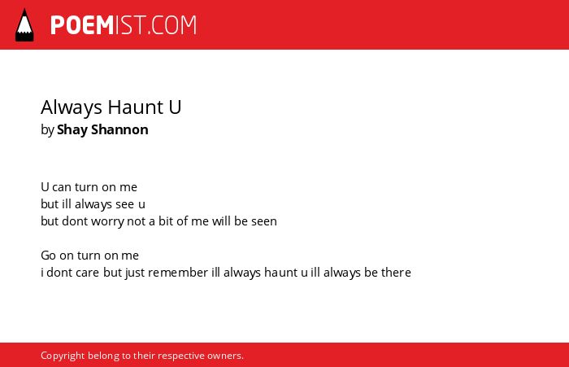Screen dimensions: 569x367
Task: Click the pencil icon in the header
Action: point(24,25)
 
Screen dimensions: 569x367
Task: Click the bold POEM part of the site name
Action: point(82,25)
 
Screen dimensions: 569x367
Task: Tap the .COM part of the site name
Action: point(172,25)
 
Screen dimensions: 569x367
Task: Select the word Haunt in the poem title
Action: point(136,107)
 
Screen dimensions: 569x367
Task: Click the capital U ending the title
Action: point(175,107)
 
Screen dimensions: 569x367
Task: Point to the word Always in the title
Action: point(72,108)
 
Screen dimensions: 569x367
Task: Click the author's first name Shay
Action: point(72,130)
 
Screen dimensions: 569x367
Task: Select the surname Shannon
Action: point(119,129)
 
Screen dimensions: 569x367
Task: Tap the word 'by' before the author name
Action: point(47,130)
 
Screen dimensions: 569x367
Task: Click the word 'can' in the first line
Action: point(62,187)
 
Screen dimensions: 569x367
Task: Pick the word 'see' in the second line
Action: point(125,204)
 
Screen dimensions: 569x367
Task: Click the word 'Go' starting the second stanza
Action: point(48,256)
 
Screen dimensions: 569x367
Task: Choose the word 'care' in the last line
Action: point(87,273)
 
